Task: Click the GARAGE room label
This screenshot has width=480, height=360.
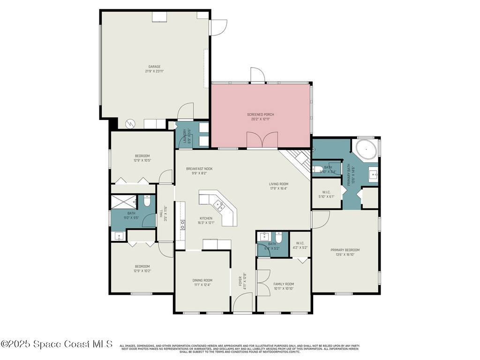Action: pos(155,67)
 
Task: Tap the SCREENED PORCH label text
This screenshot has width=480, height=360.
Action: pos(261,114)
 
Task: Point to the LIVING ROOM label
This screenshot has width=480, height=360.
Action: pos(278,184)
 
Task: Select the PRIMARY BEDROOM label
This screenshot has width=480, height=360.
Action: pos(345,250)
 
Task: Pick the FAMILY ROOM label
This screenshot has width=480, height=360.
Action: pos(284,284)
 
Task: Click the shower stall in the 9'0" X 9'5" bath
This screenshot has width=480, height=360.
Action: pos(123,202)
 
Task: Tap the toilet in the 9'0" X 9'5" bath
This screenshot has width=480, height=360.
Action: pos(147,202)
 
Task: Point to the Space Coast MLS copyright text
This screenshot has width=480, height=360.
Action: pos(57,344)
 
